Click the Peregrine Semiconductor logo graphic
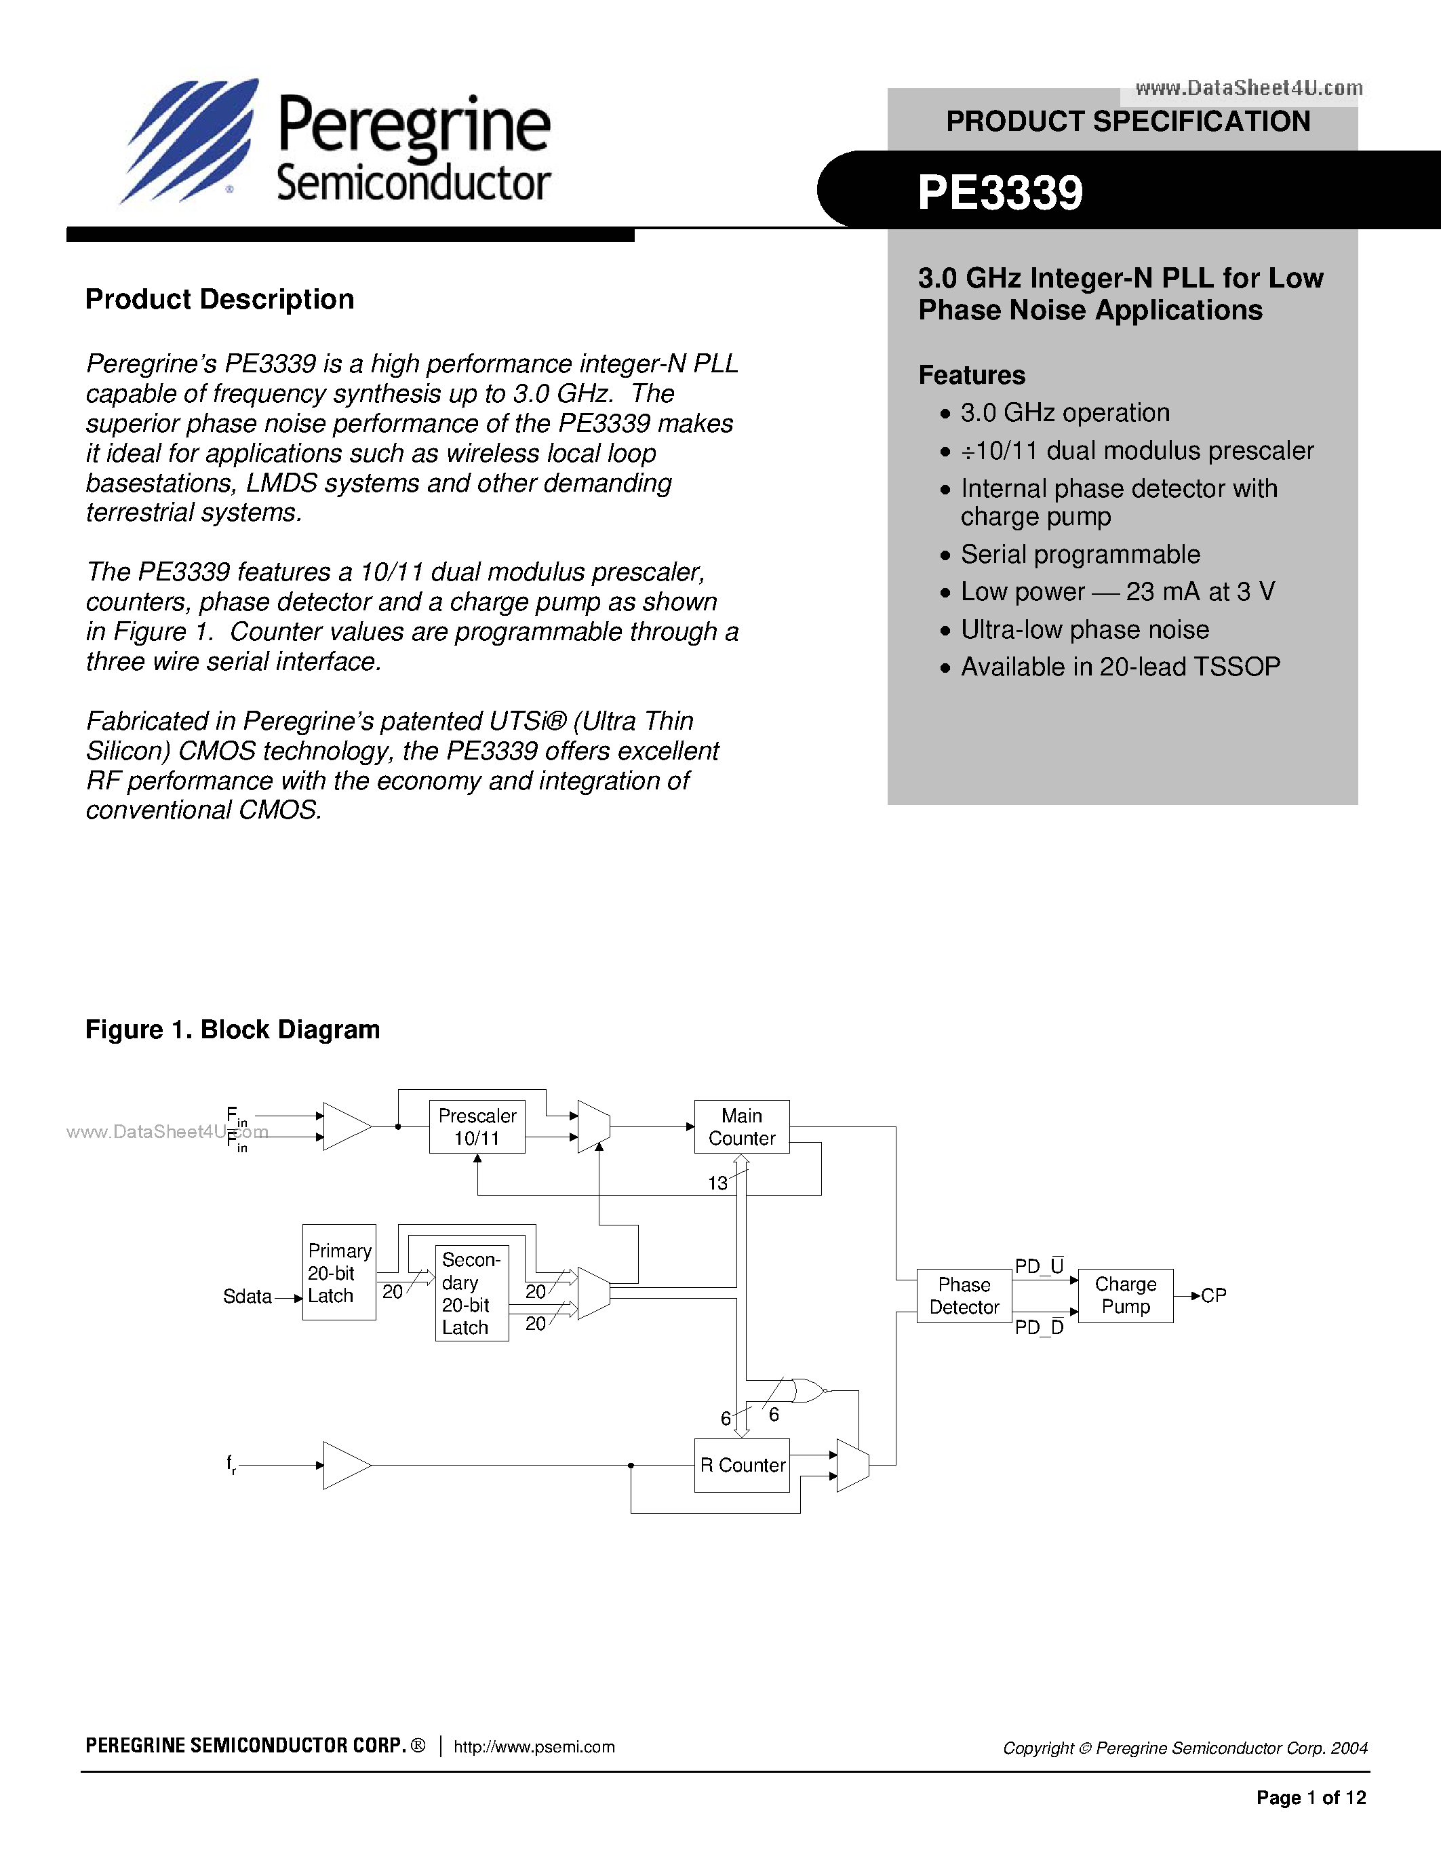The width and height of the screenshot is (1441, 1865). pyautogui.click(x=189, y=141)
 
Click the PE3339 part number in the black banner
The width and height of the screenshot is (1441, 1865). pyautogui.click(x=1000, y=193)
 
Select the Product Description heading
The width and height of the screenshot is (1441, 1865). pyautogui.click(x=220, y=300)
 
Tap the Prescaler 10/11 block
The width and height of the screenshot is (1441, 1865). pyautogui.click(x=476, y=1126)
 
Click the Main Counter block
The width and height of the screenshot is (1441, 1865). pyautogui.click(x=741, y=1126)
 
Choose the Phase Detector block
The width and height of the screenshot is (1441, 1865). pyautogui.click(x=963, y=1295)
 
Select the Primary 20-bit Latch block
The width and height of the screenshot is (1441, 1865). pyautogui.click(x=339, y=1272)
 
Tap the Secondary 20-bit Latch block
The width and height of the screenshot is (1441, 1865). pyautogui.click(x=471, y=1293)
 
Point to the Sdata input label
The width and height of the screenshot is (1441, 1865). pyautogui.click(x=247, y=1296)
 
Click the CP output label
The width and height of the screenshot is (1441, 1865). pyautogui.click(x=1213, y=1295)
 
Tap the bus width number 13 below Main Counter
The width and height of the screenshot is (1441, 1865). pyautogui.click(x=717, y=1183)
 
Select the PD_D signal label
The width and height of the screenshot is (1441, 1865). pyautogui.click(x=1039, y=1327)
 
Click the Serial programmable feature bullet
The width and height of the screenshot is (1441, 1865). pyautogui.click(x=1080, y=554)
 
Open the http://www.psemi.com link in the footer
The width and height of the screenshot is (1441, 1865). pyautogui.click(x=534, y=1746)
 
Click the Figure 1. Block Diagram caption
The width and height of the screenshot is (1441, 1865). pyautogui.click(x=232, y=1030)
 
